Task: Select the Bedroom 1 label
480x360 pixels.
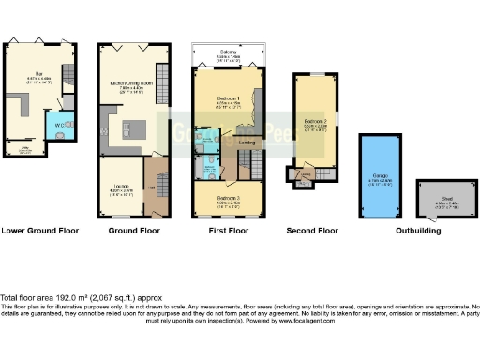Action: (x=226, y=99)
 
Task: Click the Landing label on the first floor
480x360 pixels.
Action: (x=247, y=142)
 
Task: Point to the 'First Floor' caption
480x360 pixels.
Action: (x=230, y=230)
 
